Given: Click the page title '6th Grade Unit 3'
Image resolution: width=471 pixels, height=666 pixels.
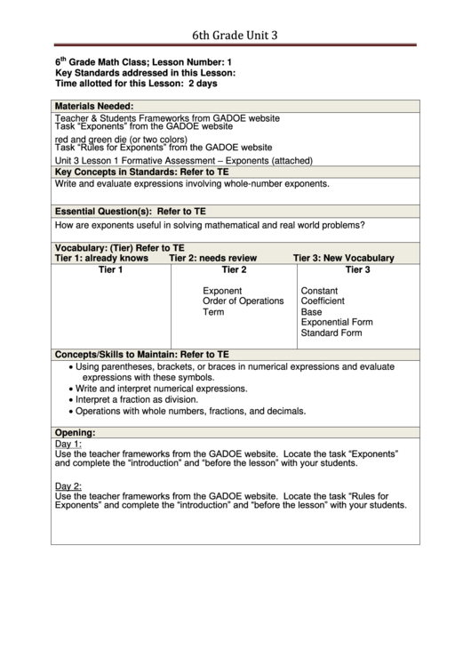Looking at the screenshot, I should pos(235,36).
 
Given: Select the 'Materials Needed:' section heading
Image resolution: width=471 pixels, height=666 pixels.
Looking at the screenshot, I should pos(93,105).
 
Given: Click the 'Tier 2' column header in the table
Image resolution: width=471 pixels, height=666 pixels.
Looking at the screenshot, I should pos(234,269).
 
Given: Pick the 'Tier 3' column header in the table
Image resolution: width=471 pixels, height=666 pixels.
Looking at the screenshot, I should pos(357,269).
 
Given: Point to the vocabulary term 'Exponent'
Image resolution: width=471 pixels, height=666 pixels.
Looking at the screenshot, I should pos(222,291).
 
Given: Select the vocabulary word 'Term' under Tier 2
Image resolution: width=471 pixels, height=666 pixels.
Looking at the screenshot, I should pos(213,312).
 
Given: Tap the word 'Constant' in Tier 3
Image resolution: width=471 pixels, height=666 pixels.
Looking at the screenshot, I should pos(320,291).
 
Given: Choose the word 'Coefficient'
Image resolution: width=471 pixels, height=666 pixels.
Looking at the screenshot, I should pos(325,301).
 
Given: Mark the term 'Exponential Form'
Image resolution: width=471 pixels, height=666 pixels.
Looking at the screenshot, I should pos(337,323).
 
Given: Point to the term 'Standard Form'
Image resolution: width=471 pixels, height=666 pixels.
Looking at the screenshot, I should pos(331,333).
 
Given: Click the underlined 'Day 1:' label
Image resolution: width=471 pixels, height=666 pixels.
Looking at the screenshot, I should pos(68,444).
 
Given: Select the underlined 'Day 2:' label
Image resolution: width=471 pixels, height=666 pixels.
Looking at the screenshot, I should pos(68,485).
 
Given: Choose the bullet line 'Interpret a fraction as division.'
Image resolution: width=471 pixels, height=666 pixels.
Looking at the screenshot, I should pos(144,400).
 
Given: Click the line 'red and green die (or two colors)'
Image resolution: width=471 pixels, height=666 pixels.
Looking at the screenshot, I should pos(121,140).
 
